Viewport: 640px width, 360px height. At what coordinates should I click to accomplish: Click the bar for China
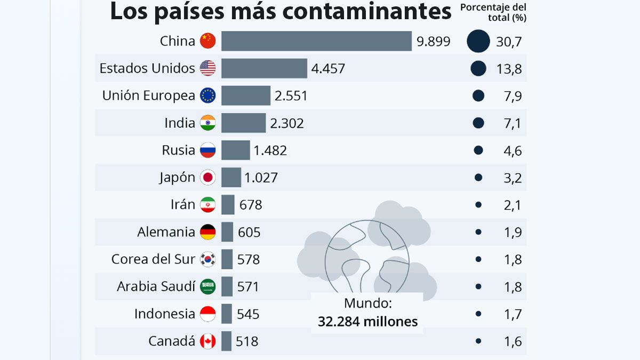pos(316,41)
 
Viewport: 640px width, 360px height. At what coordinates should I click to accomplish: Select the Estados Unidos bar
pos(264,68)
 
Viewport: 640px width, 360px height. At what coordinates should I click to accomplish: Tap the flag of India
pos(208,123)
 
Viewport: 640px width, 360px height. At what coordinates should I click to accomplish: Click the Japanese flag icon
pos(208,178)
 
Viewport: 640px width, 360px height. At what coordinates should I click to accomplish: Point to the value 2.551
pos(291,96)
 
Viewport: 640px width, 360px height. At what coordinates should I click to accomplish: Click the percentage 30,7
pos(509,42)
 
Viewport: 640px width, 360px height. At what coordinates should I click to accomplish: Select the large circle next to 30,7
pos(478,41)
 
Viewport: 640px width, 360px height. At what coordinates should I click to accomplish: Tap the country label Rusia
pos(179,150)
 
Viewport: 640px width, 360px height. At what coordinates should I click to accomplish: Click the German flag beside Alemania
pos(208,232)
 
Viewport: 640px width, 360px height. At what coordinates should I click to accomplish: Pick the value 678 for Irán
pos(251,205)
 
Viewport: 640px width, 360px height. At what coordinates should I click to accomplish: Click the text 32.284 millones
pos(367,322)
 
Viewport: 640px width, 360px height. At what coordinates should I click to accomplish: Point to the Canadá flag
pos(208,341)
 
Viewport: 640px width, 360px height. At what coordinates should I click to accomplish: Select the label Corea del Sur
pos(154,260)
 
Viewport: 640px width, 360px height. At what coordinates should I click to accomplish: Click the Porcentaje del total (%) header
pos(493,12)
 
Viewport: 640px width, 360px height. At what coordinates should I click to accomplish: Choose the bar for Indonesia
pos(227,314)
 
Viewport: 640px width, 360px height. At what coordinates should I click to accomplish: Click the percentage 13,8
pos(509,69)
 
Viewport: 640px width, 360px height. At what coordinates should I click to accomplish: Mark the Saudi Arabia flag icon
pos(208,287)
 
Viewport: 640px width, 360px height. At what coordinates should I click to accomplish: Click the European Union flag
pos(208,96)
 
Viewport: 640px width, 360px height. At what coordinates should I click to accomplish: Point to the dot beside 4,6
pos(478,150)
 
